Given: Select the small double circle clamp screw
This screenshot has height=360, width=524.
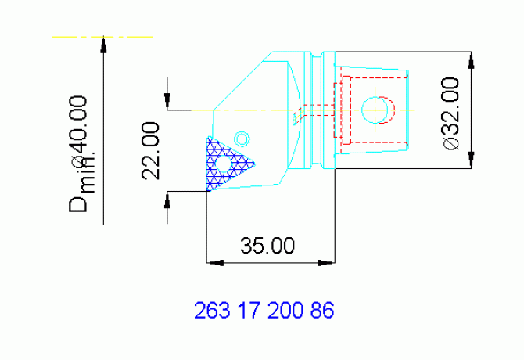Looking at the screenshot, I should (x=242, y=138).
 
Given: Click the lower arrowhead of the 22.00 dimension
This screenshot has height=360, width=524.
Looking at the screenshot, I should (x=167, y=199).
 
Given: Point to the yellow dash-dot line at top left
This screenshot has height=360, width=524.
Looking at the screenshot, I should (x=102, y=36).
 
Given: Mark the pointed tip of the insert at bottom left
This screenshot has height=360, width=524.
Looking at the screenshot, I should (x=207, y=190).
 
